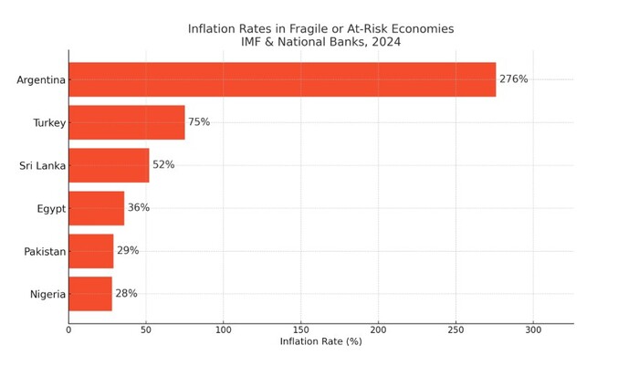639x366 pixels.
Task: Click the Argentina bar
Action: pos(282,79)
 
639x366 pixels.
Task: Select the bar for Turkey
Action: pos(127,122)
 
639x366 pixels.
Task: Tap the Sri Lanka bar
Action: pos(109,165)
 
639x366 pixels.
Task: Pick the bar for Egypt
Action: pos(96,208)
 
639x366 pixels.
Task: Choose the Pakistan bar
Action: pos(91,251)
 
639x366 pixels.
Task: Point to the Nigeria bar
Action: pos(90,294)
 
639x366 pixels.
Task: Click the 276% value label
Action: pos(513,79)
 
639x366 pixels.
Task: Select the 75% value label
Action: pos(199,122)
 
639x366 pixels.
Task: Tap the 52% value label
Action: pos(163,165)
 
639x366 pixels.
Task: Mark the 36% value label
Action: pos(139,208)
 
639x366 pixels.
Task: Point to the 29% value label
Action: pos(128,251)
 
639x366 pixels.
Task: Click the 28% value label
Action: pos(126,294)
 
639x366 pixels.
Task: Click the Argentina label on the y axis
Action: pos(41,80)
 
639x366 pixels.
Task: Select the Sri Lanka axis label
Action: pos(43,166)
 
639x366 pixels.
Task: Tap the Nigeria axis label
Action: pos(47,295)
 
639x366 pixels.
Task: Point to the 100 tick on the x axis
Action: pos(224,329)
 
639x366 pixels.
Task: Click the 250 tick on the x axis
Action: pos(456,329)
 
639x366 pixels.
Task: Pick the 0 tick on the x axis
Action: pos(68,329)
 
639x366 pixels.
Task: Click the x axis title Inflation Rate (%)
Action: pos(320,342)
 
